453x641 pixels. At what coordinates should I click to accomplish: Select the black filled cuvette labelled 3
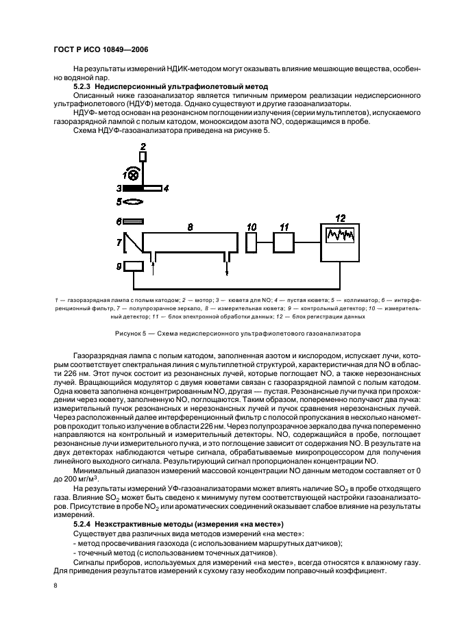pyautogui.click(x=133, y=186)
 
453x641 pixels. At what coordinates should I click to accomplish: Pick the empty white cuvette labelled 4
pyautogui.click(x=152, y=186)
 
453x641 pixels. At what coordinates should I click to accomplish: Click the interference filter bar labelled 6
pyautogui.click(x=134, y=221)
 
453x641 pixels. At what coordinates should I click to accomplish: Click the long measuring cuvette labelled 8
pyautogui.click(x=190, y=244)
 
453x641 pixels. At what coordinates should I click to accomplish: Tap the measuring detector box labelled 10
pyautogui.click(x=251, y=243)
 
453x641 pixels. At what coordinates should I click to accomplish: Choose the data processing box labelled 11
pyautogui.click(x=284, y=243)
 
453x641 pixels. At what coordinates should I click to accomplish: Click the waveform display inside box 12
pyautogui.click(x=341, y=236)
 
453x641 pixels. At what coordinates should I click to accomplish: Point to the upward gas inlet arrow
pyautogui.click(x=153, y=267)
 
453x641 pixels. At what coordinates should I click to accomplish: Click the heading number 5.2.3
pyautogui.click(x=85, y=88)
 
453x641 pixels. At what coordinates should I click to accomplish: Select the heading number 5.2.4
pyautogui.click(x=85, y=523)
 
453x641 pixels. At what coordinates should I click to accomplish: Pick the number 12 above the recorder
pyautogui.click(x=340, y=217)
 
